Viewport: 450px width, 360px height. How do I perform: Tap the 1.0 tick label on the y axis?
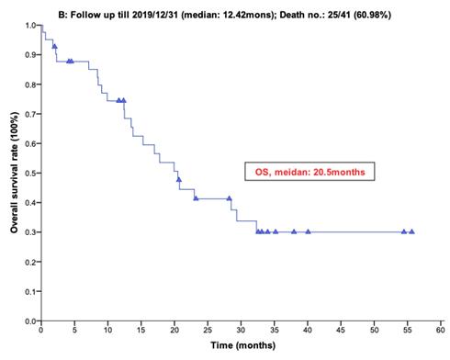30,24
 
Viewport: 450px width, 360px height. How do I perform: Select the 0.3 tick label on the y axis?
30,232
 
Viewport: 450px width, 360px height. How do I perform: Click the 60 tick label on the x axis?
440,331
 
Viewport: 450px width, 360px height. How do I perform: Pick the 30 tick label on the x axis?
241,331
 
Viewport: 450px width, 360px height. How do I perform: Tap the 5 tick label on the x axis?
73,331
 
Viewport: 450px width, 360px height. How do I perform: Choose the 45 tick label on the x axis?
341,331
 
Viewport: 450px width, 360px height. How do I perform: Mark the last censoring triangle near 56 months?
411,231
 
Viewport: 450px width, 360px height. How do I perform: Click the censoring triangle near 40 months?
308,231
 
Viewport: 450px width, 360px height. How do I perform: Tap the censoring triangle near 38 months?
294,231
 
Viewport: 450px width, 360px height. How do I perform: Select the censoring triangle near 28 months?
230,197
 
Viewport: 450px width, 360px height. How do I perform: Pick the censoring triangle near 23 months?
196,197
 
